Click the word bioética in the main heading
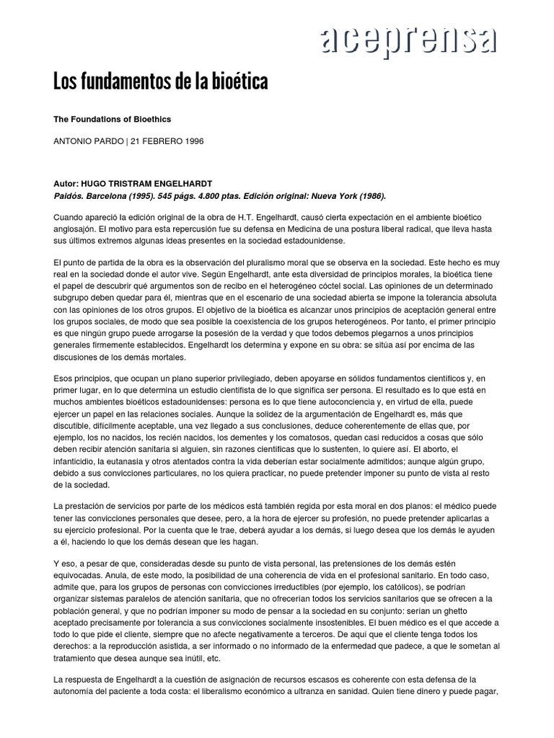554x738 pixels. [236, 81]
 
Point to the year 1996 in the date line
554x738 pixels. [192, 141]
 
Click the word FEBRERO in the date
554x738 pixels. [159, 141]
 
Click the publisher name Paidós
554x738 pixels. [70, 195]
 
